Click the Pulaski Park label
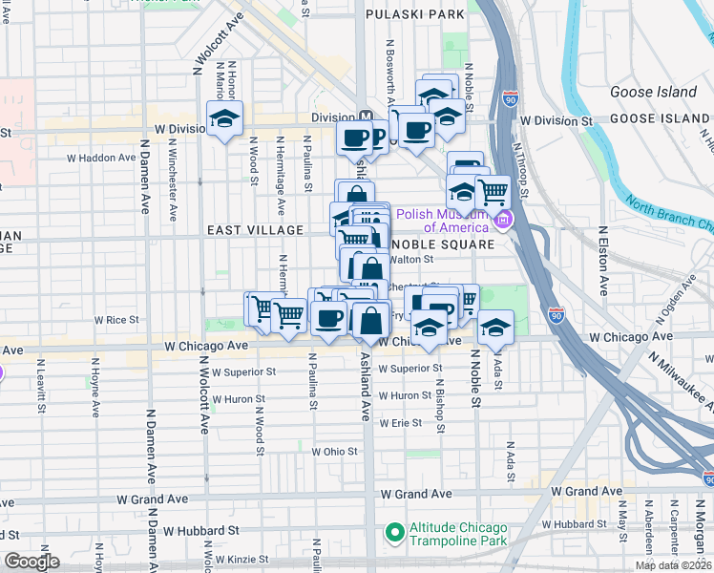[415, 14]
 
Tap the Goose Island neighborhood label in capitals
[660, 118]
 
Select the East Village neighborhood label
[255, 230]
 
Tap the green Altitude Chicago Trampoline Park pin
[392, 531]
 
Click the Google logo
[31, 562]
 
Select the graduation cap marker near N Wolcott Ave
[224, 118]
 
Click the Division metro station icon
[364, 114]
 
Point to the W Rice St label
[116, 320]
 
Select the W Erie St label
[400, 422]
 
